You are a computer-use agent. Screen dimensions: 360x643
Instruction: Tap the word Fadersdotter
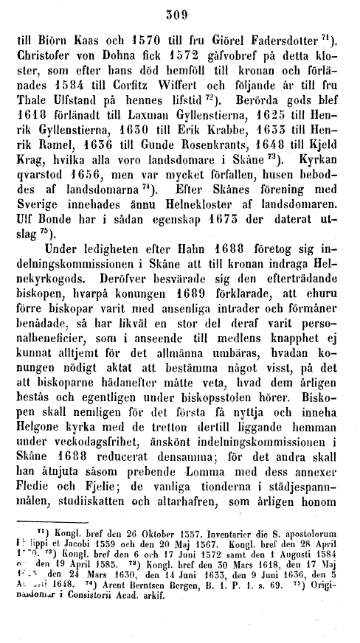286,41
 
